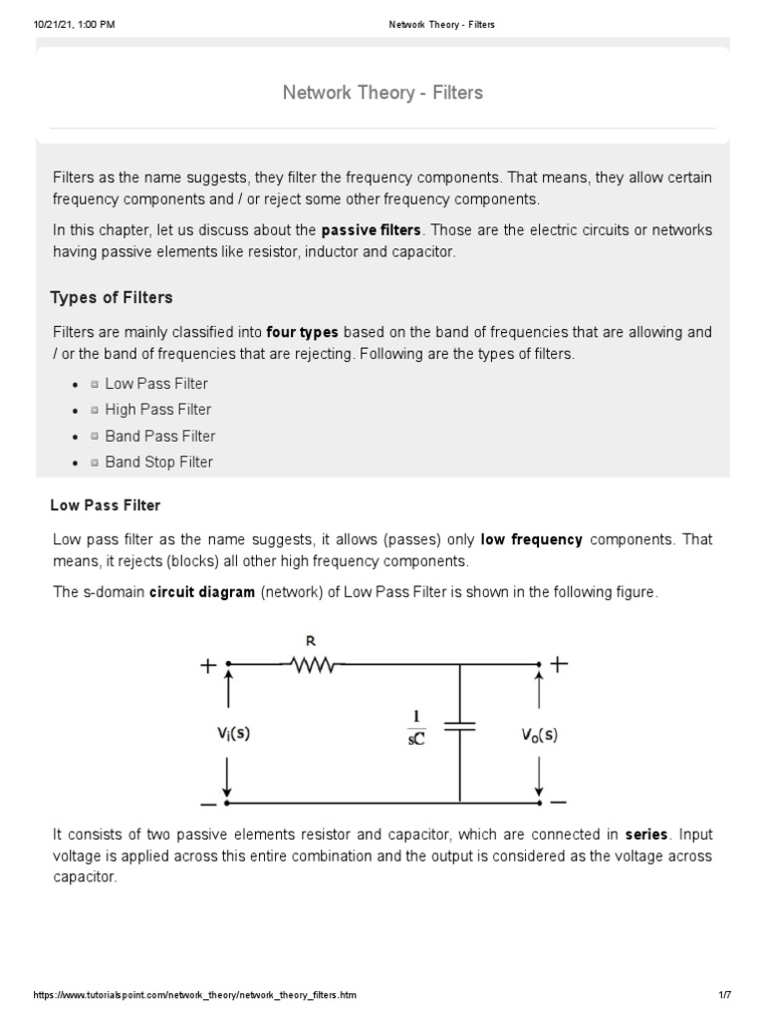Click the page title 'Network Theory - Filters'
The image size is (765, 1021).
coord(382,93)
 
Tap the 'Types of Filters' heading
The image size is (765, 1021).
coord(111,297)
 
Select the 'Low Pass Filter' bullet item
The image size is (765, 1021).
coord(156,384)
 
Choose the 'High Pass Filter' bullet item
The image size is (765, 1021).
coord(157,410)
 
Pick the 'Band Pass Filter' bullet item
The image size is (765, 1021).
coord(159,436)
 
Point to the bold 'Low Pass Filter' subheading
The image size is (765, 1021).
coord(106,506)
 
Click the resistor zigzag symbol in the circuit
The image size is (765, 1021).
coord(313,663)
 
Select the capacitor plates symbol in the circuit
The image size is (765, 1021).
coord(459,729)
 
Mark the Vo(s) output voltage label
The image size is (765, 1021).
coord(539,735)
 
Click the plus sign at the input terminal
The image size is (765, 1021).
coord(208,665)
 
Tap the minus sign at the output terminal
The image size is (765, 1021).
coord(558,801)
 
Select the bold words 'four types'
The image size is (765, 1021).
coord(303,332)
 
